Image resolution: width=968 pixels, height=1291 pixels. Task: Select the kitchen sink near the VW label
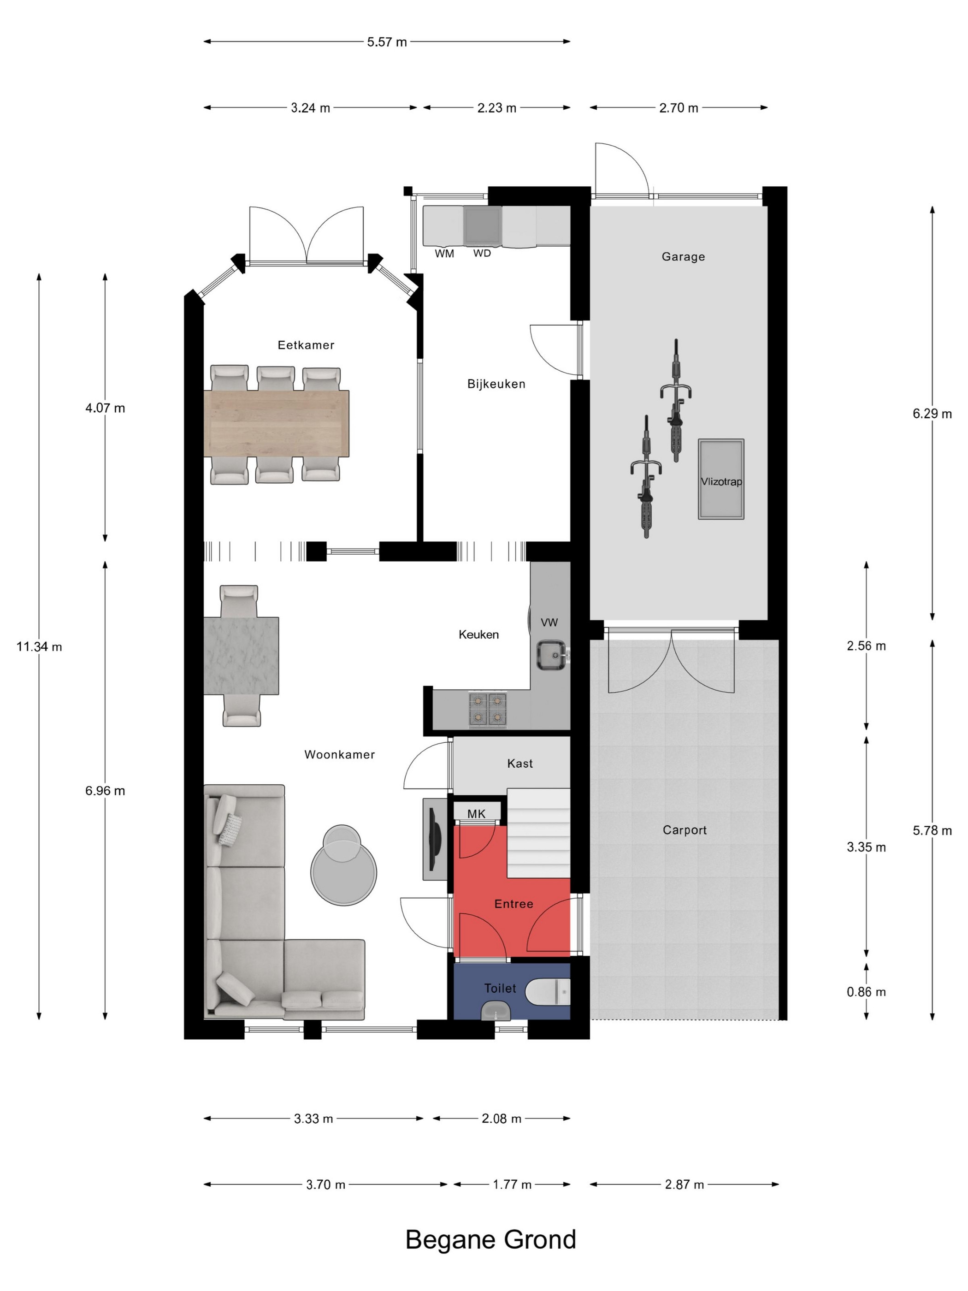pyautogui.click(x=551, y=655)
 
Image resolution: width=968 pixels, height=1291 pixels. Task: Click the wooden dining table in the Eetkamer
pyautogui.click(x=277, y=423)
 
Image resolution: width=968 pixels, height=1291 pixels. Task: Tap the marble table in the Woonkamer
pyautogui.click(x=241, y=656)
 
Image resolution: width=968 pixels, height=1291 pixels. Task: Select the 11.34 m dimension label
pyautogui.click(x=39, y=647)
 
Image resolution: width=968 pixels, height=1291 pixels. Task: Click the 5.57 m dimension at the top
pyautogui.click(x=387, y=42)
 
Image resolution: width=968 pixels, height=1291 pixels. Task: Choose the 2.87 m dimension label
pyautogui.click(x=684, y=1185)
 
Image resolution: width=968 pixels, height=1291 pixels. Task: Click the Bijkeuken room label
pyautogui.click(x=496, y=384)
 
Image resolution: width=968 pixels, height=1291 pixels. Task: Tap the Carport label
pyautogui.click(x=685, y=830)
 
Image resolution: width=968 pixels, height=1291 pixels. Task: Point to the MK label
pyautogui.click(x=476, y=814)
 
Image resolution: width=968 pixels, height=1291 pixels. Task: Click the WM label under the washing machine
pyautogui.click(x=444, y=254)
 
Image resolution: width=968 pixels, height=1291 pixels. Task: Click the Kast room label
pyautogui.click(x=520, y=764)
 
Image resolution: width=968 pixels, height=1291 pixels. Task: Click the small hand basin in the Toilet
pyautogui.click(x=496, y=1010)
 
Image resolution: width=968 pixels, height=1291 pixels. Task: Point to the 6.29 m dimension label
pyautogui.click(x=932, y=414)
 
